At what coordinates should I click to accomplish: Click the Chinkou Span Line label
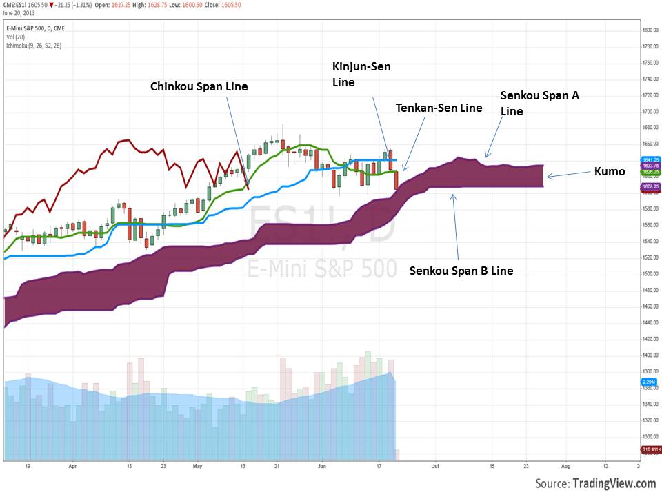(x=199, y=86)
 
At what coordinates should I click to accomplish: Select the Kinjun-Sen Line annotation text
(x=356, y=75)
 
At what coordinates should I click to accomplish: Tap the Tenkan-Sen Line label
(x=439, y=108)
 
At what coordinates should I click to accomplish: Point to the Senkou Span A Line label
(x=539, y=103)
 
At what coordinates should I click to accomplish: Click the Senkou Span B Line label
(x=461, y=271)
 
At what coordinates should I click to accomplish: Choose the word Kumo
(x=610, y=171)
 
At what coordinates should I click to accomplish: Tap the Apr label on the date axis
(x=72, y=466)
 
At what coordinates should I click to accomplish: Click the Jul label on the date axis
(x=436, y=466)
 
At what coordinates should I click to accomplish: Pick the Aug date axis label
(x=565, y=466)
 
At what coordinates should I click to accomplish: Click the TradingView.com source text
(x=613, y=483)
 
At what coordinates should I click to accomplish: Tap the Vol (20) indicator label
(x=12, y=37)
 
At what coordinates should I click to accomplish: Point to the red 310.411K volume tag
(x=651, y=449)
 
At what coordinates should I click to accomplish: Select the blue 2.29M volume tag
(x=649, y=381)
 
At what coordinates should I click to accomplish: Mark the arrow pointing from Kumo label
(x=567, y=175)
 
